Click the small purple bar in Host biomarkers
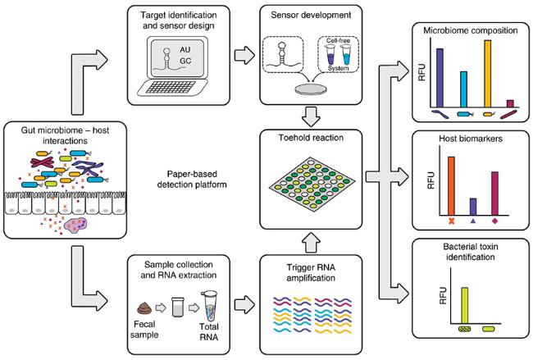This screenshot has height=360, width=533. pos(472,206)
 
